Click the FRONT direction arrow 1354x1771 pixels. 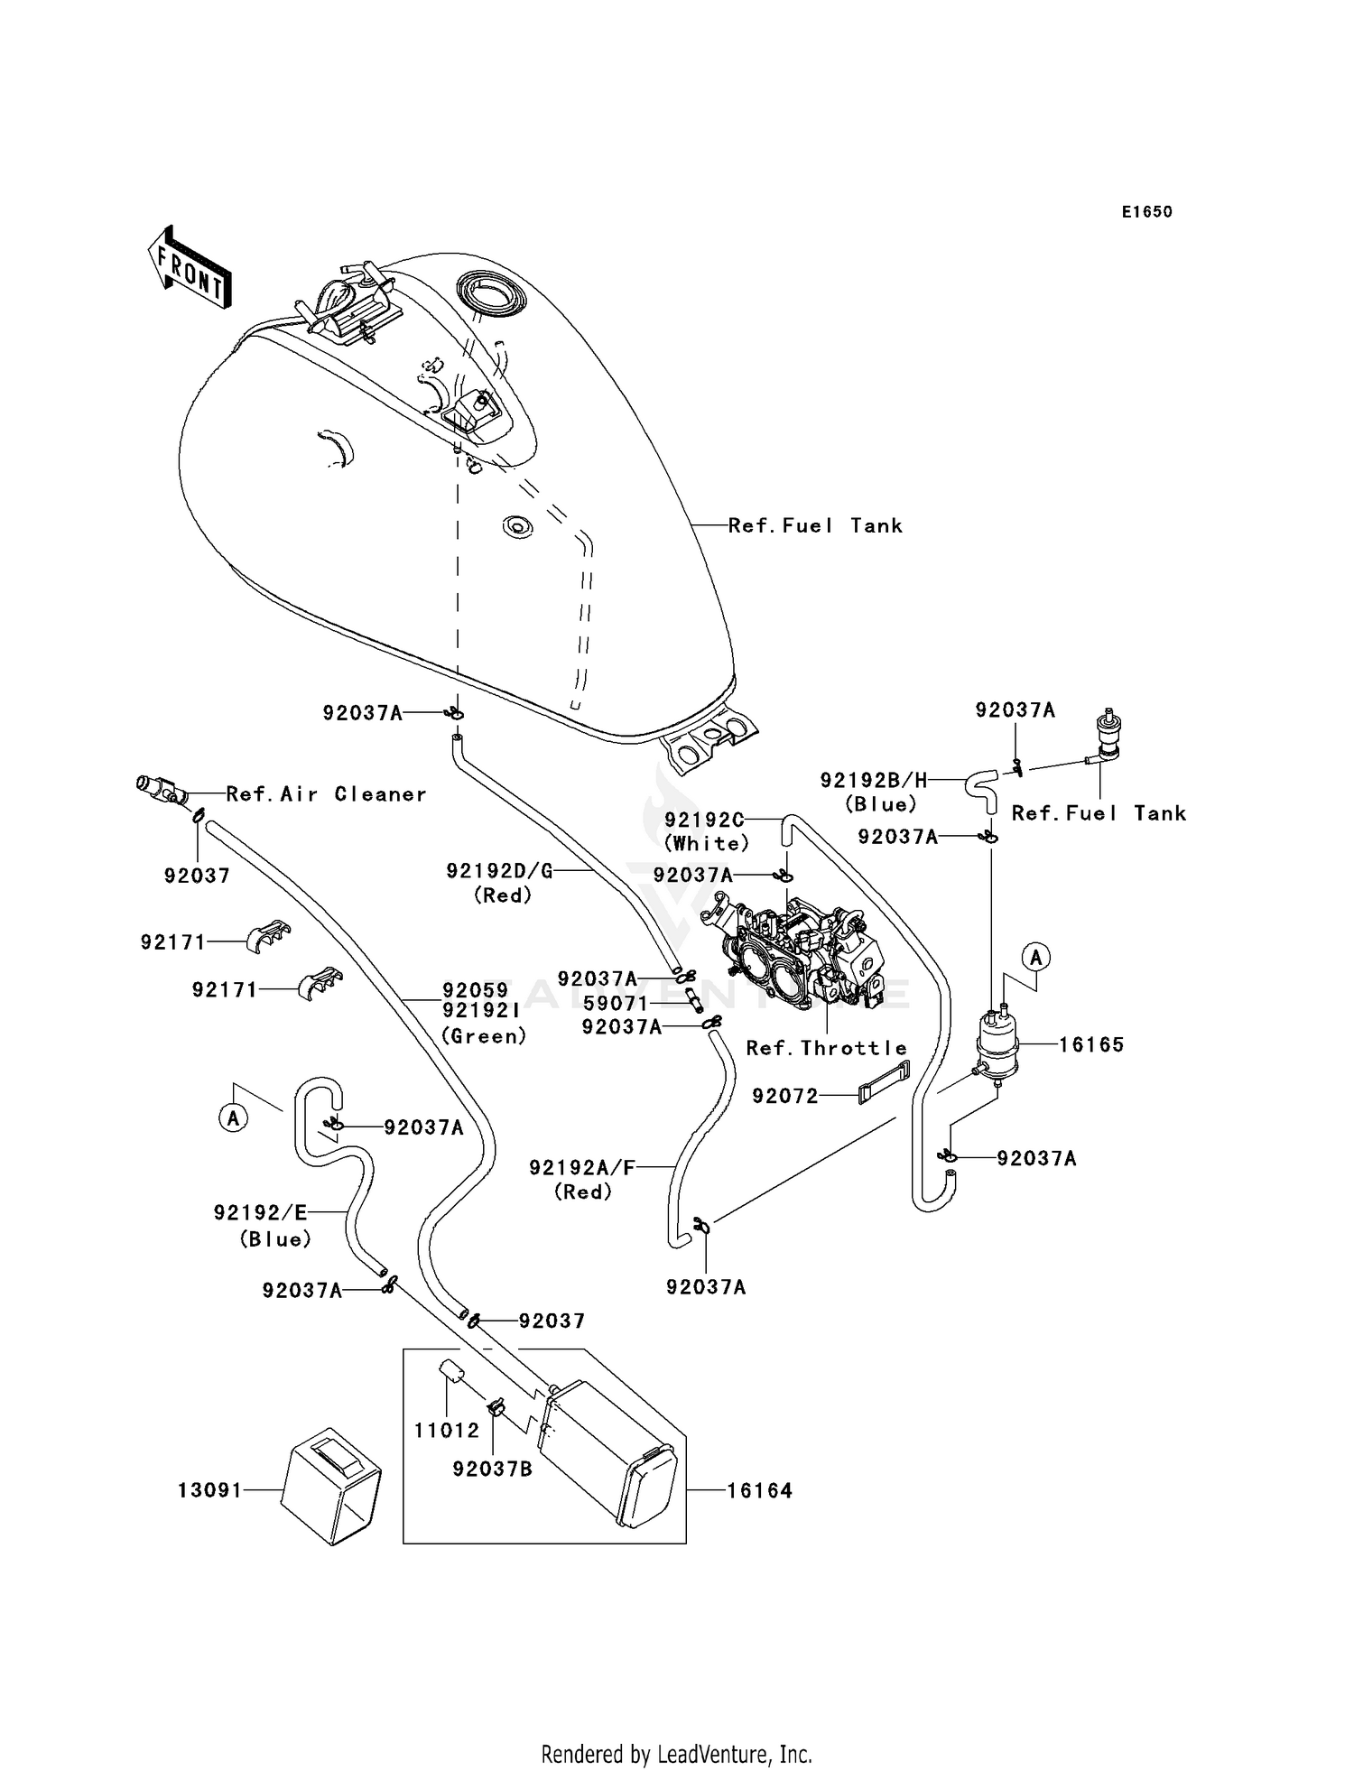(188, 268)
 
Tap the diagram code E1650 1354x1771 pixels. (1146, 212)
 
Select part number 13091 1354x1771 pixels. (209, 1490)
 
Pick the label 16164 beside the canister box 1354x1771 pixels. (759, 1491)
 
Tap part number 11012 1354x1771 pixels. (447, 1431)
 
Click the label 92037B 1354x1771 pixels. (492, 1470)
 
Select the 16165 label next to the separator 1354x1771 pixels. (1090, 1045)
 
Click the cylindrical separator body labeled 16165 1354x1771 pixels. (997, 1047)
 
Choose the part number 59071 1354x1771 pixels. (616, 1004)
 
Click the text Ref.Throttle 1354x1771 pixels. (826, 1048)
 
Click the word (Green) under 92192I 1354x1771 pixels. (484, 1036)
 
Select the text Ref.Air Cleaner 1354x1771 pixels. (326, 794)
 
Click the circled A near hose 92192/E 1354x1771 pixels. (234, 1118)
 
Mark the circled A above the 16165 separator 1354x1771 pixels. (1036, 957)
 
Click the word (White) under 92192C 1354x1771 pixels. (707, 843)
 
